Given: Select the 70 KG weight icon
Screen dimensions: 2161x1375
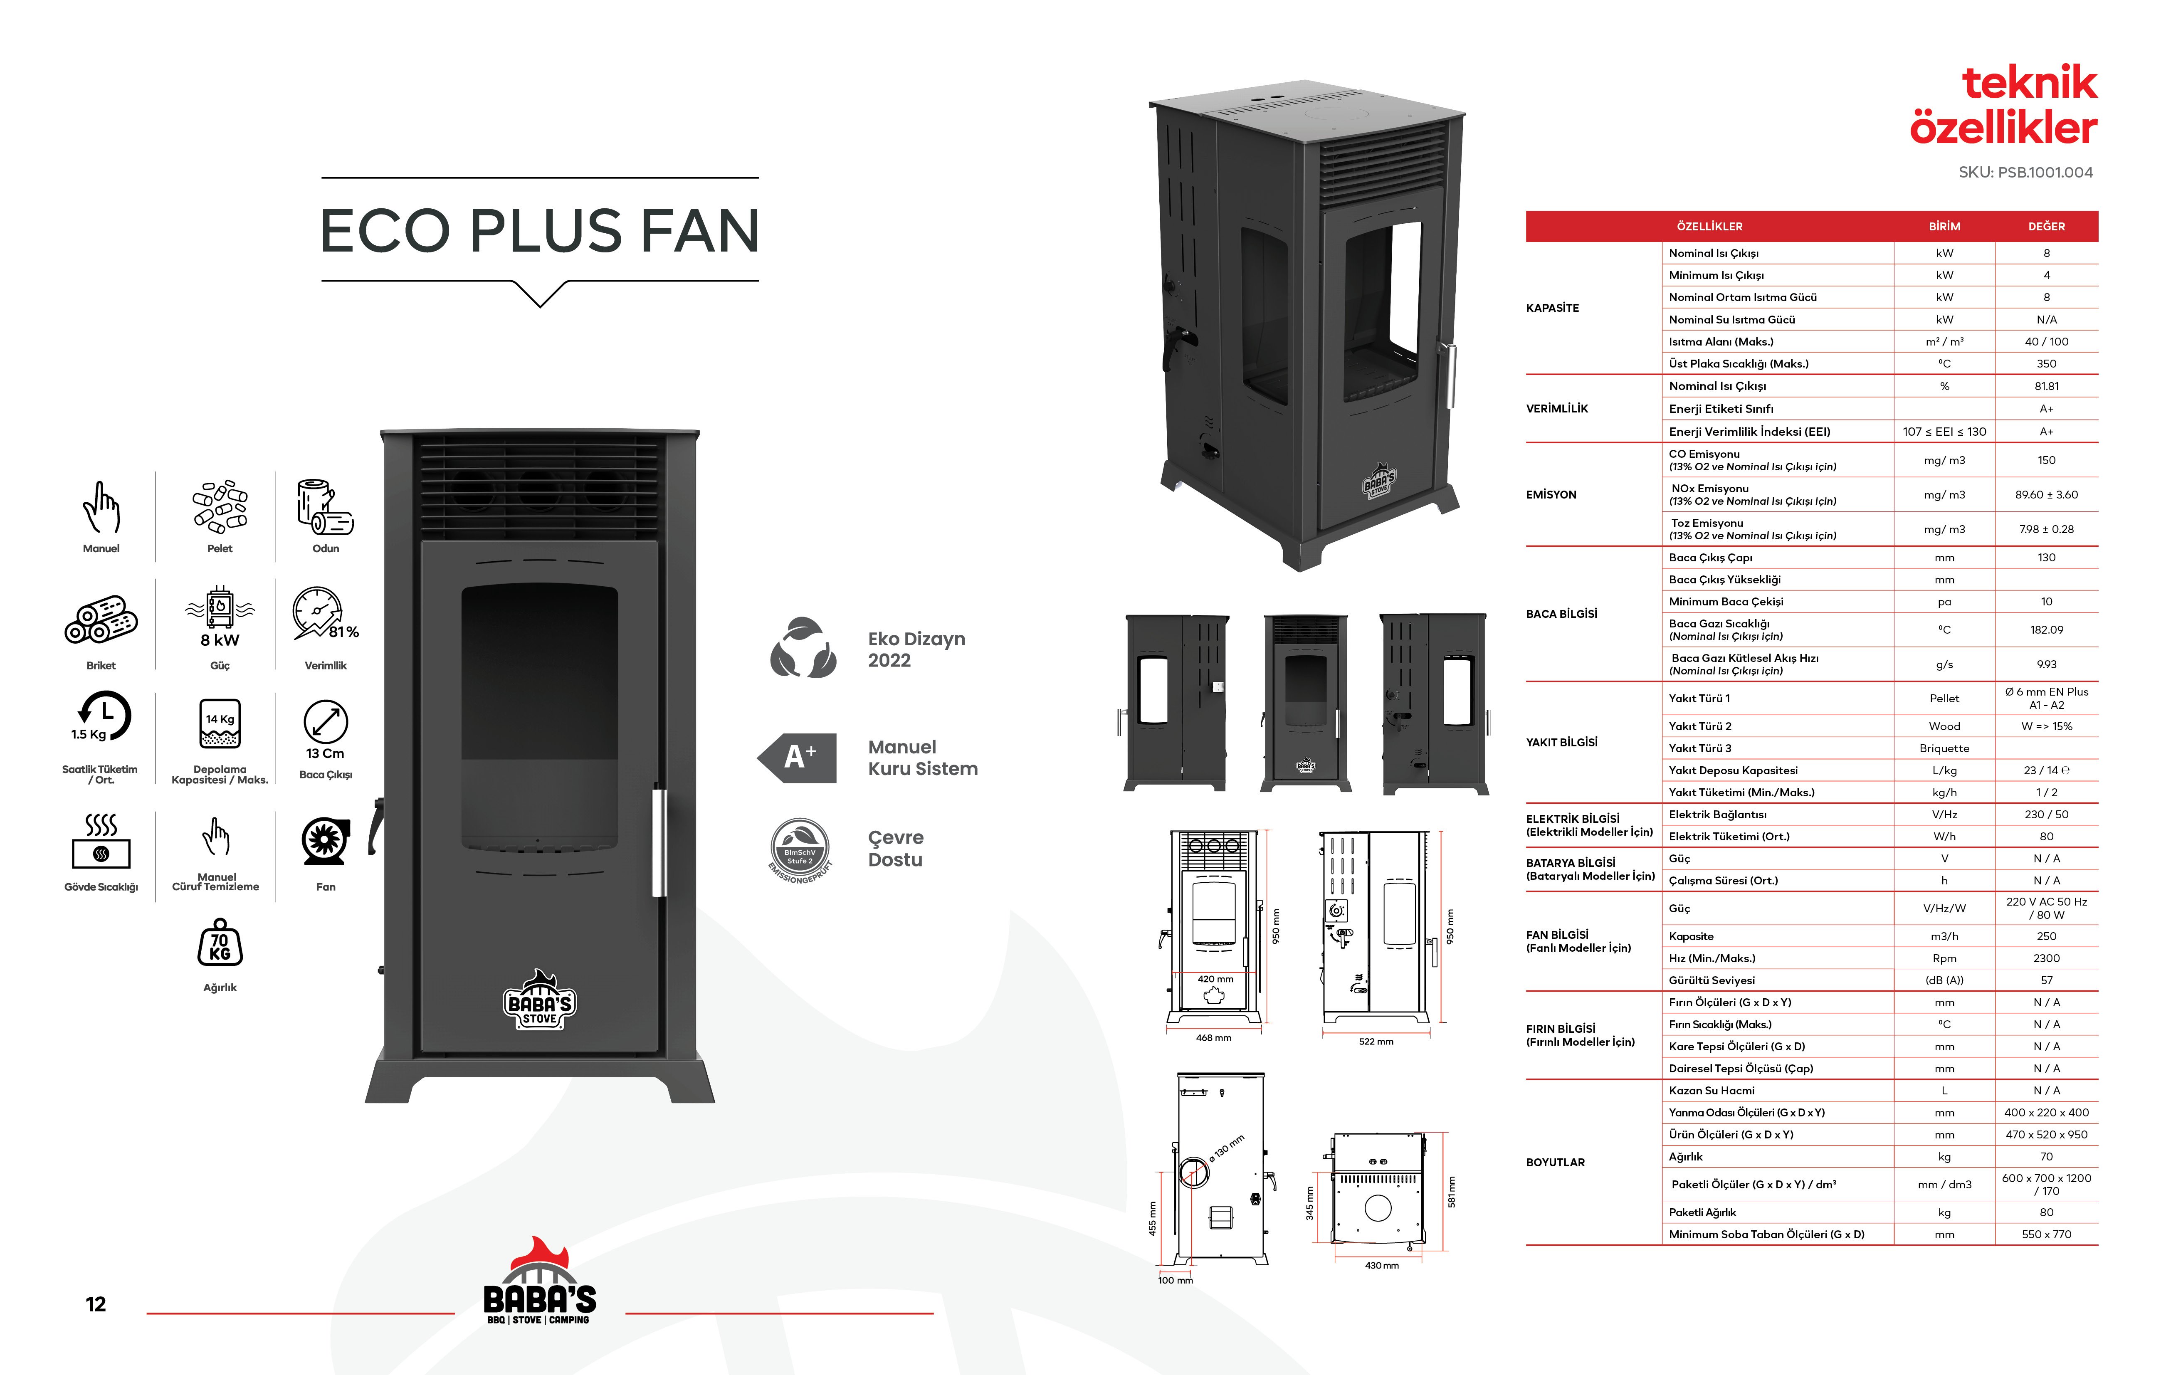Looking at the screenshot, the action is [x=220, y=943].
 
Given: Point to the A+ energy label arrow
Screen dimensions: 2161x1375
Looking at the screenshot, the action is [x=797, y=758].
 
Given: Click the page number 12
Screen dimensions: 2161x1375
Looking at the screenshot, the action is [x=96, y=1304].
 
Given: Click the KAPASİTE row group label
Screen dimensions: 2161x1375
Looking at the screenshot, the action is [x=1553, y=308].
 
